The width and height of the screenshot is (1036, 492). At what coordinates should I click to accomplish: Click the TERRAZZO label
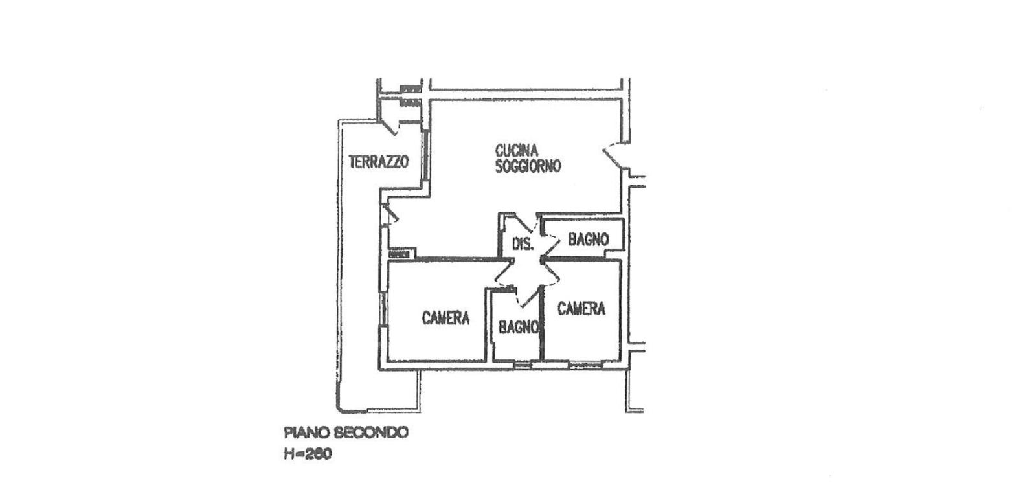point(379,162)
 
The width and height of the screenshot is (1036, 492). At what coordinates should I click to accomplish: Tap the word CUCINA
point(517,151)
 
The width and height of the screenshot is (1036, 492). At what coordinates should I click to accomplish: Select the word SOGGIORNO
point(528,166)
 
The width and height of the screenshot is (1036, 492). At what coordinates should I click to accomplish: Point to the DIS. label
point(523,243)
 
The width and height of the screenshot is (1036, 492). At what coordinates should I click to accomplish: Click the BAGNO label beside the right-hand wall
point(589,239)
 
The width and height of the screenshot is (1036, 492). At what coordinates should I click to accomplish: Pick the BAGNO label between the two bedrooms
point(519,327)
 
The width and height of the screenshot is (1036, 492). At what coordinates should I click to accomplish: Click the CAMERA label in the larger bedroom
point(446,318)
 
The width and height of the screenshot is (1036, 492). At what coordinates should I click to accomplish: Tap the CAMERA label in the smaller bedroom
point(581,308)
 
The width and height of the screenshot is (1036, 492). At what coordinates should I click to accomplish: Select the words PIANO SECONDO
point(346,433)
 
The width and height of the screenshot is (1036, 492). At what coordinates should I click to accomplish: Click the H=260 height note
point(308,454)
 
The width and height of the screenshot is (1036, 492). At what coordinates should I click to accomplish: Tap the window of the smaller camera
point(585,365)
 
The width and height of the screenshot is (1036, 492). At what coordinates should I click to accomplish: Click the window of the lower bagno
point(523,365)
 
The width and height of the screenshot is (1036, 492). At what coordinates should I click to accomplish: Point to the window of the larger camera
point(383,309)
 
